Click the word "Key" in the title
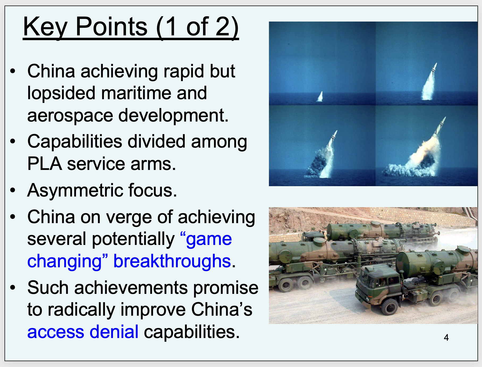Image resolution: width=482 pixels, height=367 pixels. pyautogui.click(x=45, y=27)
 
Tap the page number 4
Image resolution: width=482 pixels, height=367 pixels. pyautogui.click(x=446, y=337)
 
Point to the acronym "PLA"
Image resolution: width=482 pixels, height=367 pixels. pyautogui.click(x=45, y=164)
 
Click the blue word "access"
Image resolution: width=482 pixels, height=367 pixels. pyautogui.click(x=56, y=332)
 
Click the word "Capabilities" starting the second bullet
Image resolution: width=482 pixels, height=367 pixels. pyautogui.click(x=75, y=142)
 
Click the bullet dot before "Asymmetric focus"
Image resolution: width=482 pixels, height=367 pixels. pyautogui.click(x=13, y=190)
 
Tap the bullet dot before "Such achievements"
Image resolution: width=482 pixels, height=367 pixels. pyautogui.click(x=13, y=287)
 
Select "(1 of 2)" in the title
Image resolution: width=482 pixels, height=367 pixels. pyautogui.click(x=197, y=27)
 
